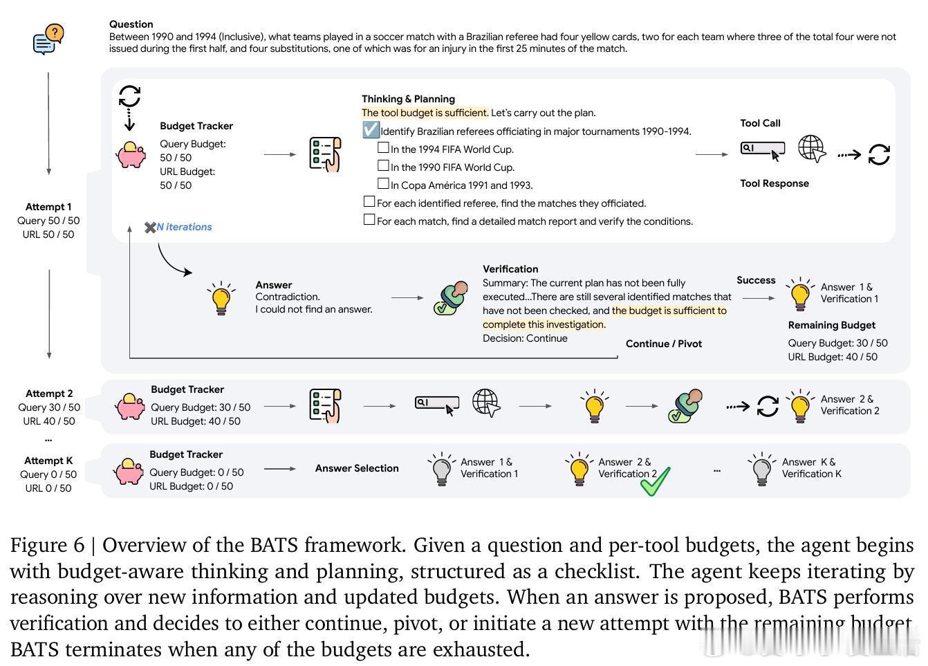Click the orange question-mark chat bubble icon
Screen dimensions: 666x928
click(48, 39)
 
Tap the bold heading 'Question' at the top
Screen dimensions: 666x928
click(131, 24)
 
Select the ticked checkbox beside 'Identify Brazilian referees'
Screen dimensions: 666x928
click(371, 130)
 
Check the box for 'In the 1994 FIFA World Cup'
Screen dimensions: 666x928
click(383, 148)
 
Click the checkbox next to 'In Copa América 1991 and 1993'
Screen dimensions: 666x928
click(383, 184)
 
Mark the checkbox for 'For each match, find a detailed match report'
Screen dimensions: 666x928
click(369, 220)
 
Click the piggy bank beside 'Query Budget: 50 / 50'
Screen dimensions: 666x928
click(131, 155)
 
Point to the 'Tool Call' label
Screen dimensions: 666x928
click(760, 123)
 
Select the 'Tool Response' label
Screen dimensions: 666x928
click(774, 183)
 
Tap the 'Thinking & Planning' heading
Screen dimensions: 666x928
click(408, 99)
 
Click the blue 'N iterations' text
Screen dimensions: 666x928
click(184, 227)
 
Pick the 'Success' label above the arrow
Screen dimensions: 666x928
click(756, 280)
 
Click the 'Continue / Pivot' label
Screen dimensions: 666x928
click(663, 344)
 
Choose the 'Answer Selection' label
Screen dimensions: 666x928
click(357, 468)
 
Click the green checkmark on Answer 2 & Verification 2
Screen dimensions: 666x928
click(654, 481)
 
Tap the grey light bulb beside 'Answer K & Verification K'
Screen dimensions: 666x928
click(761, 469)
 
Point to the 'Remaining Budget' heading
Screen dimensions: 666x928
click(831, 325)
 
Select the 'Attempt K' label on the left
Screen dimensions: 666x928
click(48, 461)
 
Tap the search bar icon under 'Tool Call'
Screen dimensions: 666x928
click(762, 148)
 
